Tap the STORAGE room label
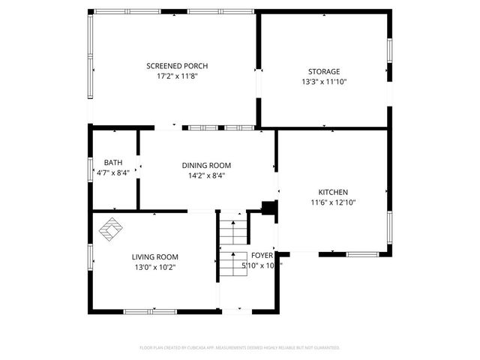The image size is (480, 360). click(324, 72)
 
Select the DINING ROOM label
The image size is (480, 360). click(206, 165)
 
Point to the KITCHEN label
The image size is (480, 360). click(333, 192)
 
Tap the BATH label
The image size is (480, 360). click(113, 162)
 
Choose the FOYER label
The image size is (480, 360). click(262, 256)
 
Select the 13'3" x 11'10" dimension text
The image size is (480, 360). click(324, 82)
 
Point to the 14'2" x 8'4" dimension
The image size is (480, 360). click(206, 175)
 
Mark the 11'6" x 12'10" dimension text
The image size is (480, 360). click(333, 202)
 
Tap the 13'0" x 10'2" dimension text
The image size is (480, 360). click(155, 266)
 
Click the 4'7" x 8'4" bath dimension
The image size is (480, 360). click(113, 172)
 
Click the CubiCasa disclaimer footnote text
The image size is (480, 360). click(240, 348)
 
